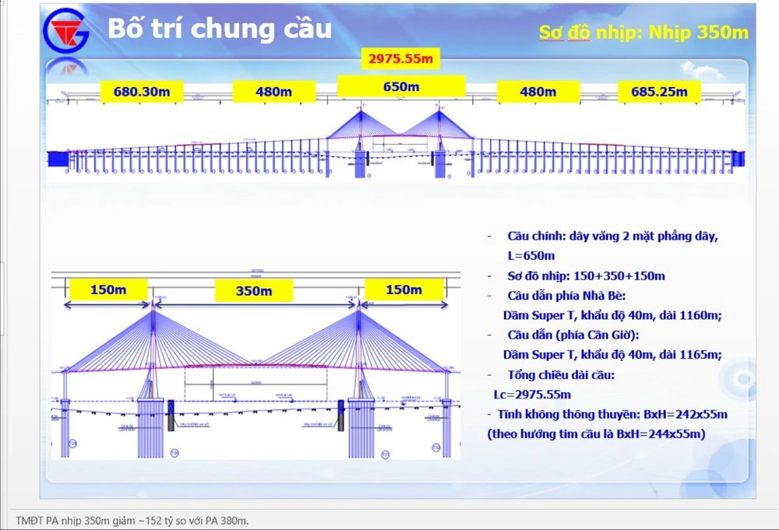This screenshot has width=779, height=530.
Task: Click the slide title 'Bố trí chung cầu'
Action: (219, 29)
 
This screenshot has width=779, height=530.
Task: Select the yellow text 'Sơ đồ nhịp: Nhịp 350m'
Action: (643, 32)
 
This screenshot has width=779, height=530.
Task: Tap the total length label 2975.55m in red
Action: (400, 58)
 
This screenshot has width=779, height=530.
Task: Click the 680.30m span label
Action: (142, 92)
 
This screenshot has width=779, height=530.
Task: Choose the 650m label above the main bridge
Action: (401, 87)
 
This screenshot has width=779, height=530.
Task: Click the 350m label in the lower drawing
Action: (254, 291)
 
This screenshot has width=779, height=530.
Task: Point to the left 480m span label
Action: (273, 92)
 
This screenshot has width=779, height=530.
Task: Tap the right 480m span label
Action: (538, 92)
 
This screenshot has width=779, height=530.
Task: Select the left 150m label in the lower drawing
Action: (108, 290)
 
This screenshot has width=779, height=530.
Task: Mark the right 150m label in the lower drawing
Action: (404, 290)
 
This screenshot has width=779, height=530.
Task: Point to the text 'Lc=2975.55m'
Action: (532, 395)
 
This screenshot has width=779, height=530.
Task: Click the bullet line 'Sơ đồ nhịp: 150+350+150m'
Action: (586, 276)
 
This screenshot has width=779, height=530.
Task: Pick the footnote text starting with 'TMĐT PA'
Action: (132, 521)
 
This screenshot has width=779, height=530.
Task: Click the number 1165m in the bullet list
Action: (698, 355)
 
